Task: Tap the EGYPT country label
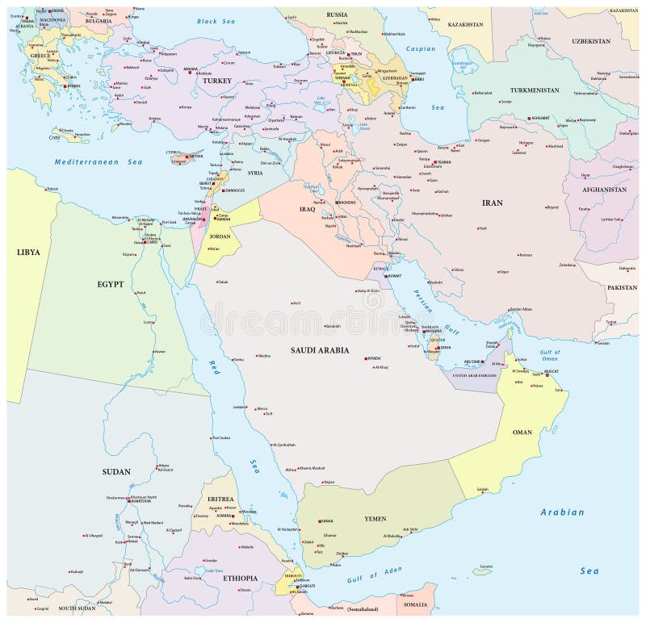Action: [x=113, y=283]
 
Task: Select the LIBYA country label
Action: [x=27, y=252]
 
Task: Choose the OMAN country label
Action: [x=522, y=433]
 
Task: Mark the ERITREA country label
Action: [x=219, y=500]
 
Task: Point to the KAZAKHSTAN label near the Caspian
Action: [x=467, y=26]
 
